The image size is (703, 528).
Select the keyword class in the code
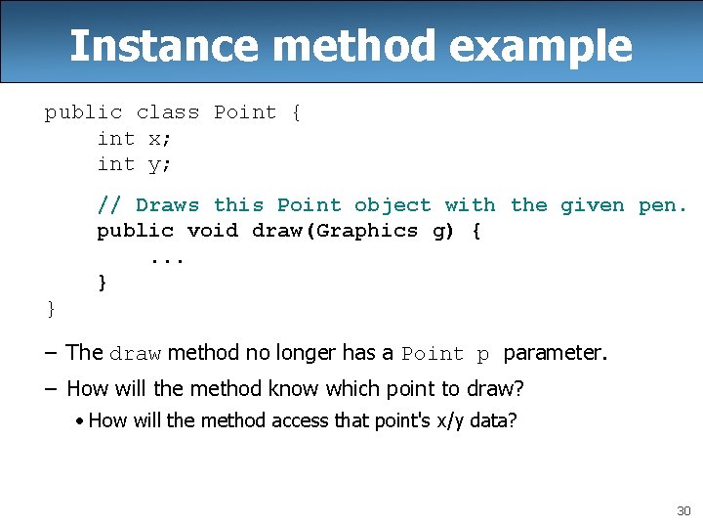coord(167,112)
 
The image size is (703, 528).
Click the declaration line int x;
coord(134,139)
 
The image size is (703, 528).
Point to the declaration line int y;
coord(134,164)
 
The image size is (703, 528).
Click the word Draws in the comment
coord(167,205)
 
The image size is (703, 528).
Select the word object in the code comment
coord(393,205)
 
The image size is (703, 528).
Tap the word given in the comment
coord(592,205)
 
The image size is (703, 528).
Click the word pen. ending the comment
coord(663,205)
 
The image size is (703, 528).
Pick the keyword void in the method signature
coord(212,231)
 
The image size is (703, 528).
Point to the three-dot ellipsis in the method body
coord(167,257)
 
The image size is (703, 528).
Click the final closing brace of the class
coord(51,309)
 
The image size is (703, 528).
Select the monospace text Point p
coord(446,354)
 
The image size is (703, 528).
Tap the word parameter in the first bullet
coord(554,352)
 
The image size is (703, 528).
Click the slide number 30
coord(682,511)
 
